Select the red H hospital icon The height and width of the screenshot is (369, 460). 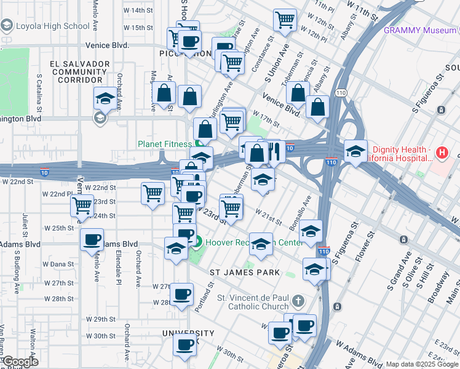point(441,152)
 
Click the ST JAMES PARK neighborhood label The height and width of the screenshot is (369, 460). point(245,272)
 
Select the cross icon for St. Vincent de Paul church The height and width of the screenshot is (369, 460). point(298,301)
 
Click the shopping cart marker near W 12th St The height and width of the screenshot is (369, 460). point(285,20)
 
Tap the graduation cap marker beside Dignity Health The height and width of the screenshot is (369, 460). point(355,151)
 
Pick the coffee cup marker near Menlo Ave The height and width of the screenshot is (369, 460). point(92,239)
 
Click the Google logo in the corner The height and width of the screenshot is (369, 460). point(20,362)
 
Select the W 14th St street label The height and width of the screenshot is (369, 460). point(137,10)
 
